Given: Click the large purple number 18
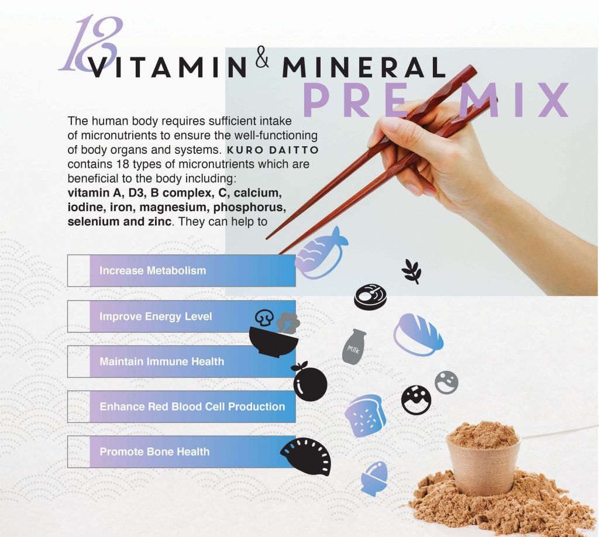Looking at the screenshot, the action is tap(92, 44).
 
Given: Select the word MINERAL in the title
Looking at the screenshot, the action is tap(364, 67).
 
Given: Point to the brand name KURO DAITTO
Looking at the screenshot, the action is tap(273, 150).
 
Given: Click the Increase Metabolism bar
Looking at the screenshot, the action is tap(181, 270).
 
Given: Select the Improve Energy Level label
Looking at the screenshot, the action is tap(156, 316).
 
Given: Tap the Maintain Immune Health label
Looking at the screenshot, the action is tap(161, 362).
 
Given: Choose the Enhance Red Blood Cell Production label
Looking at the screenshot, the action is tap(192, 407).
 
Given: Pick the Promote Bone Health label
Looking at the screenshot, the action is tap(154, 452).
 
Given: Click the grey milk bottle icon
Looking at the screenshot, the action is tap(354, 346).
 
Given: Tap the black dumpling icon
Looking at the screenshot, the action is tap(307, 456).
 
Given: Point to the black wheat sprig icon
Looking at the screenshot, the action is tap(411, 271).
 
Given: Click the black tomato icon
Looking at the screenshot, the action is tap(309, 381).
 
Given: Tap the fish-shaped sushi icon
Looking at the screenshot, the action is tap(321, 253).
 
